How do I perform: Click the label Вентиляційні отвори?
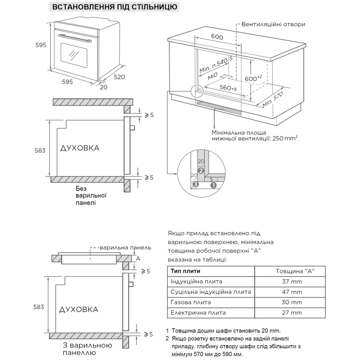pos(273,24)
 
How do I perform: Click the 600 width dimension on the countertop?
pos(217,37)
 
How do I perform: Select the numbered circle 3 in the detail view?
pos(195,184)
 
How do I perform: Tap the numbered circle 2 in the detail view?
pos(201,171)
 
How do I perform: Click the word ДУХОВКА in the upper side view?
pos(79,148)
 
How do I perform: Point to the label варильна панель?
pos(125,247)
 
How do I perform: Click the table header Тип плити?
pos(185,271)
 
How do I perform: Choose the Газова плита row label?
pos(191,302)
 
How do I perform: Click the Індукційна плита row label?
pos(197,281)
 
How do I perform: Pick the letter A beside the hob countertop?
pos(138,258)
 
